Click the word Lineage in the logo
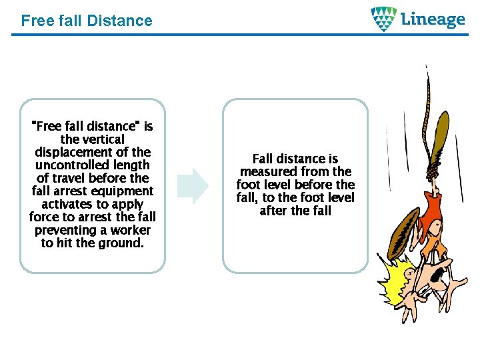(433, 19)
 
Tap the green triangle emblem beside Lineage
(383, 19)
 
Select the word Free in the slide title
(35, 21)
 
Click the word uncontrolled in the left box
(93, 165)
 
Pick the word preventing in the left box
(65, 230)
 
